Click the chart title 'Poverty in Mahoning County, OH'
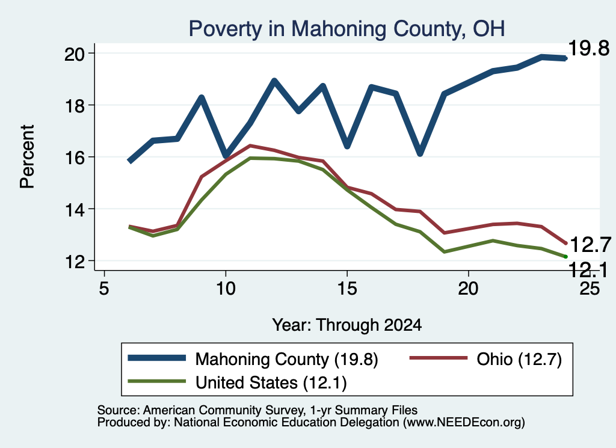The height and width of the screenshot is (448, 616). (x=346, y=29)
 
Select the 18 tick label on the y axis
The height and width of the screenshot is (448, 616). (x=75, y=105)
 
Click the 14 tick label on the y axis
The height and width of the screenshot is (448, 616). (x=75, y=209)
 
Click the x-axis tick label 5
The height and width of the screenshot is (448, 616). (x=103, y=289)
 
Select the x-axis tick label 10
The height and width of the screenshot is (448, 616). (x=226, y=289)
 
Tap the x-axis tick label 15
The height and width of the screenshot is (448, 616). (x=347, y=289)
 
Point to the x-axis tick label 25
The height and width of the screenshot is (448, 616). (x=590, y=289)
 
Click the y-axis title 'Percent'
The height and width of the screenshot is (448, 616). (x=28, y=157)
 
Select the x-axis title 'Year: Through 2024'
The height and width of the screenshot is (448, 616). (x=347, y=325)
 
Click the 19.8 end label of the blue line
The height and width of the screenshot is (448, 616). (x=589, y=48)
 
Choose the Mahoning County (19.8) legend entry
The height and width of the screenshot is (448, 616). (x=253, y=359)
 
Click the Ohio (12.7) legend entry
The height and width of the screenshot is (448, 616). (x=486, y=359)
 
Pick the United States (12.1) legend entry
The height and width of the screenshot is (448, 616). (x=237, y=382)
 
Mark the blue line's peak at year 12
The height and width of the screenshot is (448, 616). (x=274, y=81)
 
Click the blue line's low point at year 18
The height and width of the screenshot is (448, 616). (x=420, y=152)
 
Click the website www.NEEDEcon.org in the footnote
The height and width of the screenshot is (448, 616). (x=464, y=423)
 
